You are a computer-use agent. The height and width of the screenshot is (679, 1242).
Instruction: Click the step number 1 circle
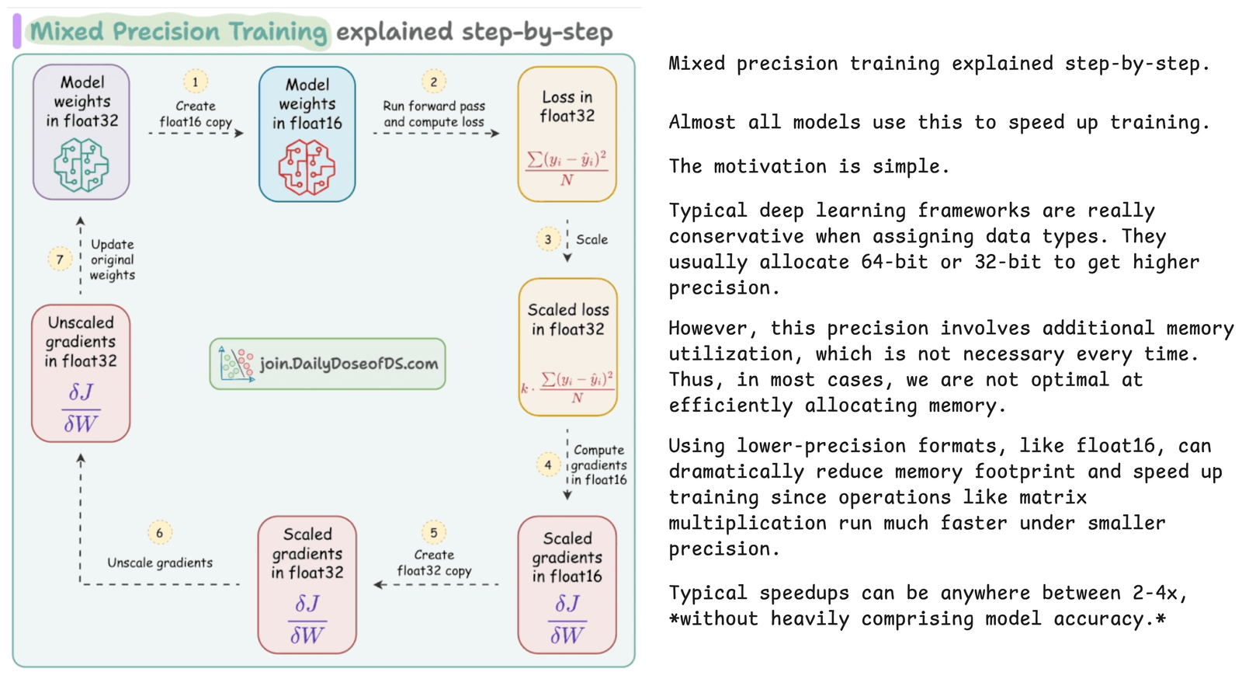196,82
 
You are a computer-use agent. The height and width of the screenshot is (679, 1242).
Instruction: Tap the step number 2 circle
434,82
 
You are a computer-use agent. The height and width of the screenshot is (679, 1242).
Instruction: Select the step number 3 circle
548,239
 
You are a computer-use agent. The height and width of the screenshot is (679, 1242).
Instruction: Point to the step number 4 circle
548,465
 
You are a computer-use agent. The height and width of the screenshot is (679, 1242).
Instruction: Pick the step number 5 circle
434,532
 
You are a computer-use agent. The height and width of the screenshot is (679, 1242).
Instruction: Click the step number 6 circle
160,532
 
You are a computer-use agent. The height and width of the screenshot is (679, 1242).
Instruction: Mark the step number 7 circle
60,259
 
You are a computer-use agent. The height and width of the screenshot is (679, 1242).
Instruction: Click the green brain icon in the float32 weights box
81,165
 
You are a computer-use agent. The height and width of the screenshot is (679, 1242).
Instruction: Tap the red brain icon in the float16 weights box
307,167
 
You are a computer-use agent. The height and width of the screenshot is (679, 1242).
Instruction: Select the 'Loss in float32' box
567,134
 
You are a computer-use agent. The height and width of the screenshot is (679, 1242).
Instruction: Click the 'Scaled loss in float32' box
568,346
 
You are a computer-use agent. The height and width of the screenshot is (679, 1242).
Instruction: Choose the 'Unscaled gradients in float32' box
81,373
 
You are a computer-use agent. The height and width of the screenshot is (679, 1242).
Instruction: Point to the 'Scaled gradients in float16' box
567,584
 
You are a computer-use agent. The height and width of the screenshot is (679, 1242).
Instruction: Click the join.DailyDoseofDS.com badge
328,364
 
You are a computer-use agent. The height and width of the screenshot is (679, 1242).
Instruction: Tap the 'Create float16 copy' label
196,114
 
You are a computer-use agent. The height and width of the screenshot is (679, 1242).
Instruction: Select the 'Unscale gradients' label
160,562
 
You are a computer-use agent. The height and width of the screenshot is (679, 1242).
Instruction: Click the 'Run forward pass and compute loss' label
434,114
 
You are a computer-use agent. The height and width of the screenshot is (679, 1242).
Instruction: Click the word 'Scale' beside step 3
592,239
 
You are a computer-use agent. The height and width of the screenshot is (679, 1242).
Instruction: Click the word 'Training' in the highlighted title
277,32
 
